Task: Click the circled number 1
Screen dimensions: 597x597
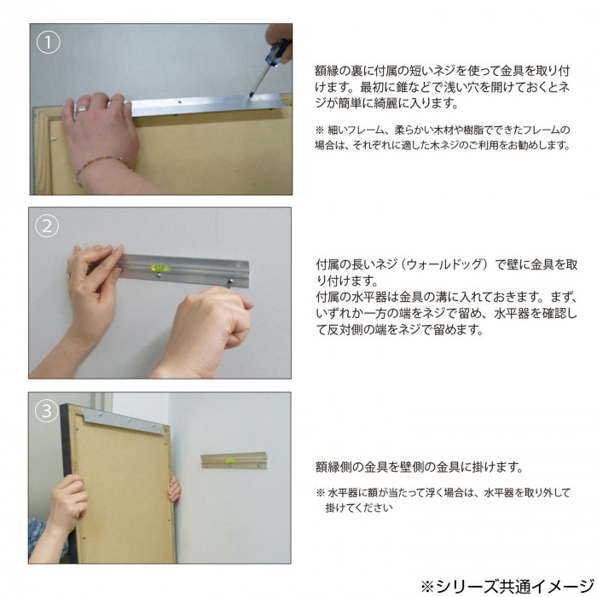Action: coord(49,42)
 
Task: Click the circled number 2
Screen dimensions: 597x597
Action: coord(47,226)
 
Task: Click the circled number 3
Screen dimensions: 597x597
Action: coord(46,411)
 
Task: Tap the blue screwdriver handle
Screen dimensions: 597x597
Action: coord(281,54)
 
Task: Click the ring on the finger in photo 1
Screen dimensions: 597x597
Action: coord(82,109)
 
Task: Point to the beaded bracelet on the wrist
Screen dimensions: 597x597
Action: coord(101,165)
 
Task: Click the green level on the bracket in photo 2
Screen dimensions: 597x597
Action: coord(160,268)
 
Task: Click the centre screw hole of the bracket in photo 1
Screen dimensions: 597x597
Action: coord(179,102)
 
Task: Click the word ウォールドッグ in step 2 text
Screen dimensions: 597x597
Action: coord(447,264)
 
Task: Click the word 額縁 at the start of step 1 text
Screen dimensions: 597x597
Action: coord(326,71)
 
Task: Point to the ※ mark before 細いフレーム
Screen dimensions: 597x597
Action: coord(320,130)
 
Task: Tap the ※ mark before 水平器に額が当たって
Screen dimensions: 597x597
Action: coord(320,493)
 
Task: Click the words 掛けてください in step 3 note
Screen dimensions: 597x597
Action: coord(359,508)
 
